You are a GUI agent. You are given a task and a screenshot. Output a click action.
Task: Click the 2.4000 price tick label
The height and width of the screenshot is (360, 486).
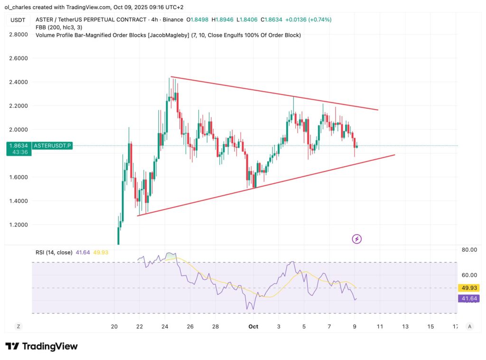tap(18, 82)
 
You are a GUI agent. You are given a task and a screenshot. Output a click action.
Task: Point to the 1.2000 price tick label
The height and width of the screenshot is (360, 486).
tap(18, 225)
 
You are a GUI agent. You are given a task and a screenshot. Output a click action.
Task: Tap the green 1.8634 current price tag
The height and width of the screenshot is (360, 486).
tap(19, 146)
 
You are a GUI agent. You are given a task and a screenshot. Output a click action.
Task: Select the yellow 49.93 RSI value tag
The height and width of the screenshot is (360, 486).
tap(468, 288)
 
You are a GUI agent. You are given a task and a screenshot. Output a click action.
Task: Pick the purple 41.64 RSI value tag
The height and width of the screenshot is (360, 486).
tap(468, 298)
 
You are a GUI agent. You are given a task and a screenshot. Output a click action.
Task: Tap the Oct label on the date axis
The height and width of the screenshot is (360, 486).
tap(253, 327)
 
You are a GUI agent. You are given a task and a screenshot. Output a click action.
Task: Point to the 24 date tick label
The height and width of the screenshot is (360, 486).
tap(165, 327)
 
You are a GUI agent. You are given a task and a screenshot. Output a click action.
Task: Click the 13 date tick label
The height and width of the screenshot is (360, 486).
tap(405, 327)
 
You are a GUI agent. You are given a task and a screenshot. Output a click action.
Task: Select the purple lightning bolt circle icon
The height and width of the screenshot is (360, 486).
tap(357, 239)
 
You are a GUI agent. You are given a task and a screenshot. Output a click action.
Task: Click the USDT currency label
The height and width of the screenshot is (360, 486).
tap(18, 20)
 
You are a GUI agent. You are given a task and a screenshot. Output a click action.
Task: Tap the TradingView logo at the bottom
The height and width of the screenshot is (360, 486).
tap(41, 346)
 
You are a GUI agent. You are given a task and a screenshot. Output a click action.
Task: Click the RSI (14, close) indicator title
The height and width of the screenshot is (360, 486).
tap(54, 253)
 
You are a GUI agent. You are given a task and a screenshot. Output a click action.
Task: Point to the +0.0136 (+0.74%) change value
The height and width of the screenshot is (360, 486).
tap(308, 19)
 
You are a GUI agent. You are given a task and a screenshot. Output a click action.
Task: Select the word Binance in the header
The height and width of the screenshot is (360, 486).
tap(172, 19)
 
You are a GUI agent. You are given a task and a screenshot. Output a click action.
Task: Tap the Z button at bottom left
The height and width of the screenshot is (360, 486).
tap(18, 326)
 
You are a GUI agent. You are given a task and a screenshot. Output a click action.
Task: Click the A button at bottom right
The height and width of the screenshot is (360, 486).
tap(469, 326)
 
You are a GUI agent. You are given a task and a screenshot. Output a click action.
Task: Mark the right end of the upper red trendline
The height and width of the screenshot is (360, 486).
tap(378, 110)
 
